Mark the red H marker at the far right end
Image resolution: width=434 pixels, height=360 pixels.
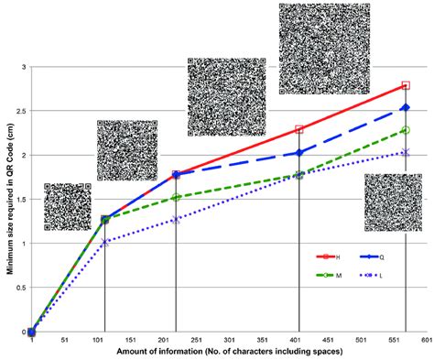click(406, 86)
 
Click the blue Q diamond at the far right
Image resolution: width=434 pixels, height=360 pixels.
click(406, 108)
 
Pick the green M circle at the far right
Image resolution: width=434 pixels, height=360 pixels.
click(406, 131)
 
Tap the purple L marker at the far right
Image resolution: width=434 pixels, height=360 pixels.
click(406, 153)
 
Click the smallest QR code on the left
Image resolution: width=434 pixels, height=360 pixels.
click(67, 206)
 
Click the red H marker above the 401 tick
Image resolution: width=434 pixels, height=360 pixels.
click(299, 130)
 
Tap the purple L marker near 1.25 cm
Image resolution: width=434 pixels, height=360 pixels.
click(176, 220)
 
